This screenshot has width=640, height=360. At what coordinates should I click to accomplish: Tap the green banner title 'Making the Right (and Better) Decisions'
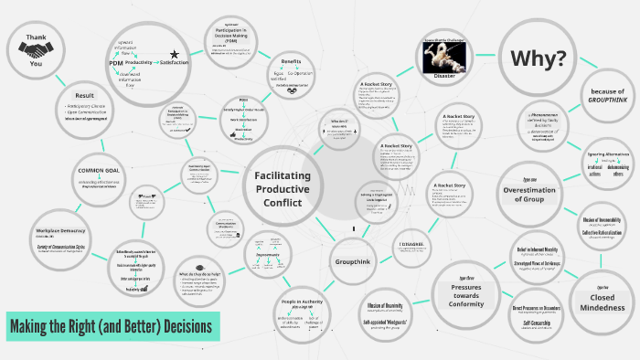point(112,325)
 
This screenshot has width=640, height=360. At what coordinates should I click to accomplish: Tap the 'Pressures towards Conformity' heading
point(466,293)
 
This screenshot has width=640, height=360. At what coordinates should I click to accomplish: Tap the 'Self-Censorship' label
point(537,323)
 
